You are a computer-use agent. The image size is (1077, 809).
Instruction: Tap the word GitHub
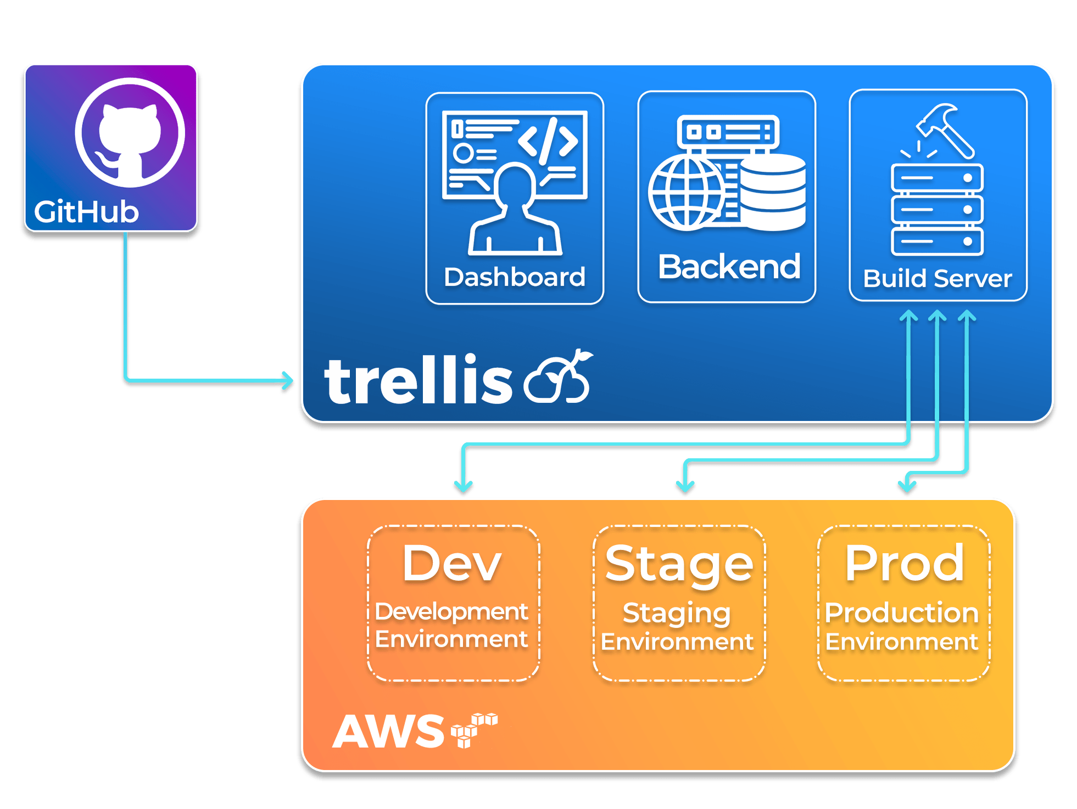point(87,212)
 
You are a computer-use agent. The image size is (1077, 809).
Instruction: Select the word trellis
point(417,380)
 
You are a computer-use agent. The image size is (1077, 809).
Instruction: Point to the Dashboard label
point(515,277)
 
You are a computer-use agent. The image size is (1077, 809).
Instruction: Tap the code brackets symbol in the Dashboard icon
point(548,141)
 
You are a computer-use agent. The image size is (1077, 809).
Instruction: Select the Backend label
point(729,267)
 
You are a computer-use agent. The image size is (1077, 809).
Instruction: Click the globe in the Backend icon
point(687,192)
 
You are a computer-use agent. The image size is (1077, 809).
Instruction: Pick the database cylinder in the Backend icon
point(773,192)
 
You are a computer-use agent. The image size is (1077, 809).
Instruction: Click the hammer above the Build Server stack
point(945,130)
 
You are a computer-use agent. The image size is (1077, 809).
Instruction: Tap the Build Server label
point(938,279)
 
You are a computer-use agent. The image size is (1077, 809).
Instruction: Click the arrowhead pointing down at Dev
point(464,486)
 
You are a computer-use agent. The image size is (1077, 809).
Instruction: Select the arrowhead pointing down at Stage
point(685,486)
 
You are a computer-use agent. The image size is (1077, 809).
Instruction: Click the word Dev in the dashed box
point(452,563)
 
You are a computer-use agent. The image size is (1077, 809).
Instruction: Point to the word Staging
point(677,614)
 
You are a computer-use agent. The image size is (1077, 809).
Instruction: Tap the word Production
point(902,613)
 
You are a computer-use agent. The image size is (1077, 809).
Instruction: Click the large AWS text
point(388,732)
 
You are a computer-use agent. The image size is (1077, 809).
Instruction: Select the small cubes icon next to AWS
point(473,729)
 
